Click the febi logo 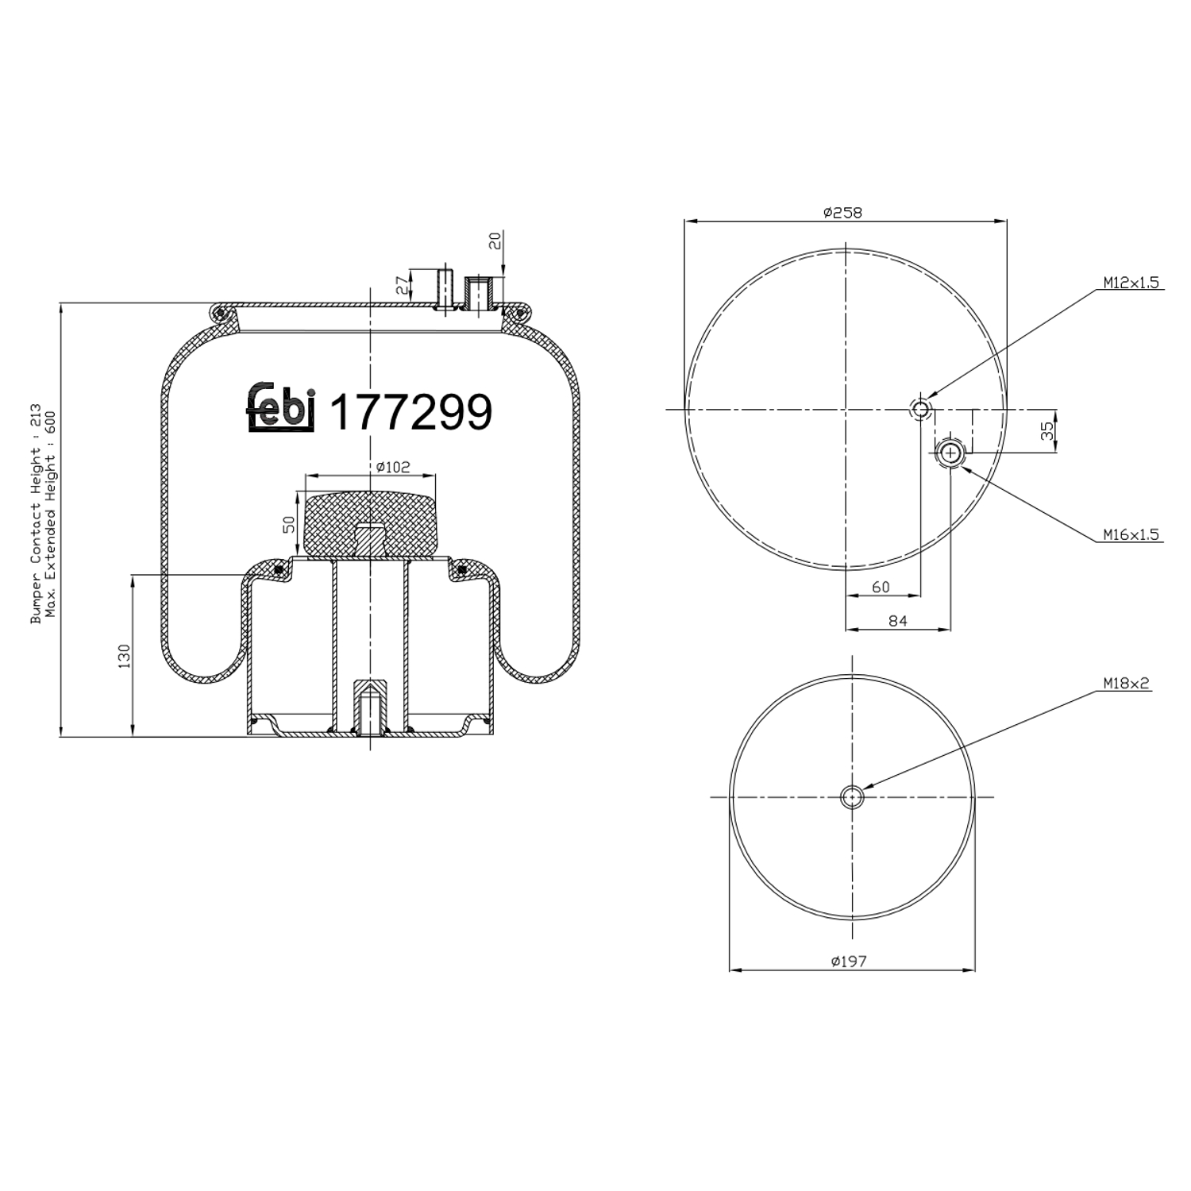pos(283,407)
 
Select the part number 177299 pos(410,412)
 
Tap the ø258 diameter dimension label pos(842,212)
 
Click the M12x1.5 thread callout pos(1131,283)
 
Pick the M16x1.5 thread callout pos(1131,534)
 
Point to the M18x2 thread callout pos(1125,683)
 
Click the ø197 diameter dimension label pos(849,961)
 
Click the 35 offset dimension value pos(1047,431)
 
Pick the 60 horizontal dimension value pos(881,588)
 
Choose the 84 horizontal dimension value pos(897,622)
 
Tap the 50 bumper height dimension pos(289,525)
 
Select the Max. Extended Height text pos(52,525)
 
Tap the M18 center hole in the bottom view pos(851,796)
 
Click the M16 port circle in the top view pos(950,453)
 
